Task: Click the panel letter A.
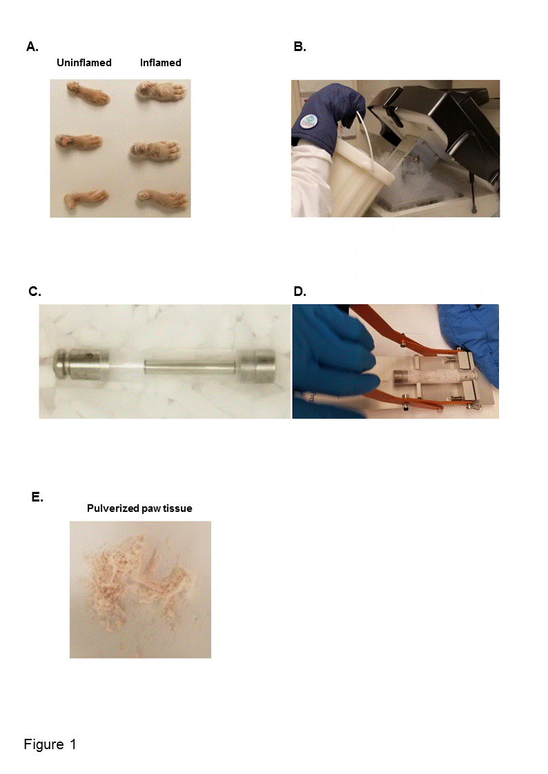coord(32,47)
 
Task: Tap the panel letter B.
coord(300,47)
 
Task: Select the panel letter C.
coord(35,292)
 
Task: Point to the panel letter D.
coord(300,292)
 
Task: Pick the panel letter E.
coord(37,497)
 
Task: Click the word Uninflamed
coord(84,63)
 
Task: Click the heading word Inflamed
coord(160,63)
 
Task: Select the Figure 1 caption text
coord(50,744)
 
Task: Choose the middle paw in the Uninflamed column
coord(79,142)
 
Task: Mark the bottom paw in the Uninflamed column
coord(86,199)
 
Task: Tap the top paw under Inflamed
coord(162,93)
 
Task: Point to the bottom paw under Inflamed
coord(162,199)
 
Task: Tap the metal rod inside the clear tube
coord(189,367)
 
